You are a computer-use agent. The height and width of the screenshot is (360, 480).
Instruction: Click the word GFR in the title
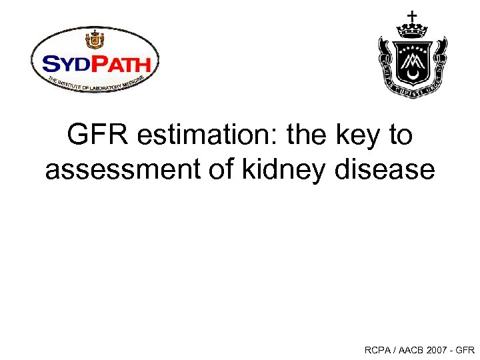[93, 136]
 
